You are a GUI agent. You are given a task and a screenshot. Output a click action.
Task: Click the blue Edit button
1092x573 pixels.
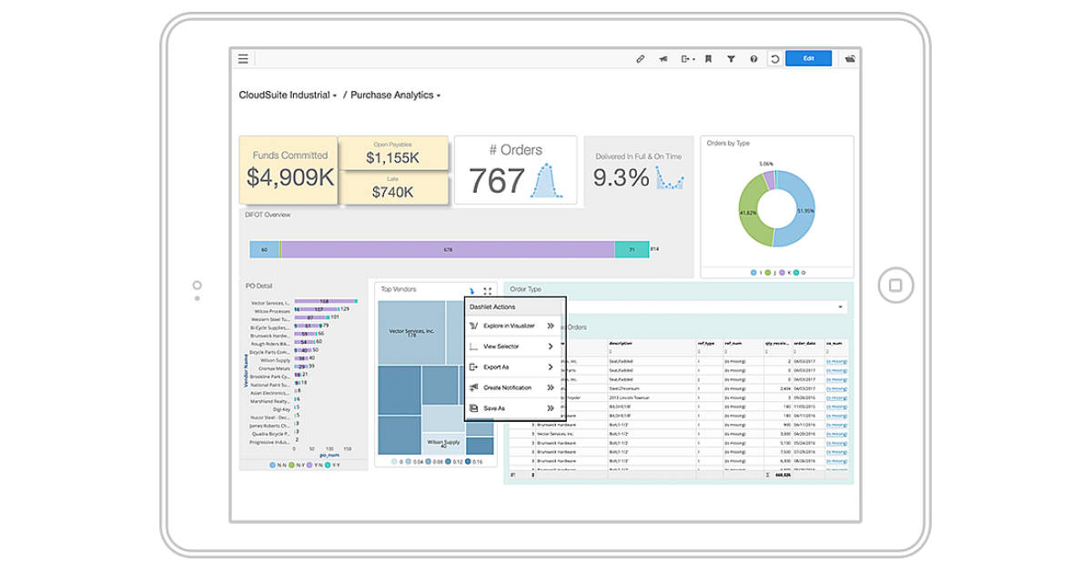point(808,59)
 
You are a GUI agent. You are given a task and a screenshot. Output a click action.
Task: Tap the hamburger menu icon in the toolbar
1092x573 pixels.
point(243,59)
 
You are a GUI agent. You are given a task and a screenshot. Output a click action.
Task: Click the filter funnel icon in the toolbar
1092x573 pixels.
point(731,59)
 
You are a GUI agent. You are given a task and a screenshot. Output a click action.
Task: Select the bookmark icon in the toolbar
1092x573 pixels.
point(708,59)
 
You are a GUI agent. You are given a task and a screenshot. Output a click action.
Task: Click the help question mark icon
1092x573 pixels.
point(753,59)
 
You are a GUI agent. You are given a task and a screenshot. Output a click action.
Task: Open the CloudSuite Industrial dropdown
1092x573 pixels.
point(288,95)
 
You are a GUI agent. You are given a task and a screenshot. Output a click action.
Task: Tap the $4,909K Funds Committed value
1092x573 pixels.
point(290,177)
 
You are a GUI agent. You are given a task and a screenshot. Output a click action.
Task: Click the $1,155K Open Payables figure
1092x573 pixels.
point(392,157)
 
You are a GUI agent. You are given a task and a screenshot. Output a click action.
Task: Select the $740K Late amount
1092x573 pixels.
point(392,192)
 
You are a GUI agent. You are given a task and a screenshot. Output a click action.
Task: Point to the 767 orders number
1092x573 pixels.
point(497,182)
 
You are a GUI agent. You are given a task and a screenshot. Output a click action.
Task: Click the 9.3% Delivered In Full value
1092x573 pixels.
point(621,178)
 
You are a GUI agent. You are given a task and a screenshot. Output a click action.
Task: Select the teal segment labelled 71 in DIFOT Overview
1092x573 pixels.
point(632,249)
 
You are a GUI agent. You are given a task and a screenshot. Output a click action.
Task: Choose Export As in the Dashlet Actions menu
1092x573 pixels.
point(496,367)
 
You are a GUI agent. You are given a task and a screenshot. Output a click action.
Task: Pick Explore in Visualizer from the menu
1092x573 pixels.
point(508,326)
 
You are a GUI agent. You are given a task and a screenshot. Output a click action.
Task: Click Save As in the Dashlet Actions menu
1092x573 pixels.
point(494,408)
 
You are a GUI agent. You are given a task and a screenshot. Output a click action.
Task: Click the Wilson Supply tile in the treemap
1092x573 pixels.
point(443,441)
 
